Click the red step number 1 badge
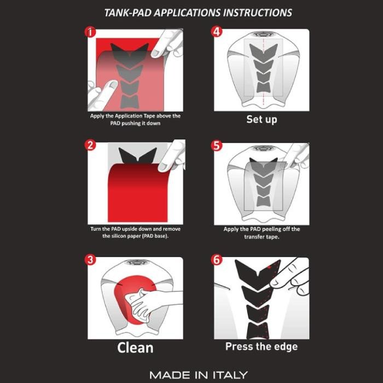[x=90, y=32]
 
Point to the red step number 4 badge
[x=217, y=32]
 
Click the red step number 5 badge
[x=217, y=146]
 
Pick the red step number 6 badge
[x=217, y=260]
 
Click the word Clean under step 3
[x=135, y=347]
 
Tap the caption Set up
[x=262, y=120]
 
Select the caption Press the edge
[x=262, y=346]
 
